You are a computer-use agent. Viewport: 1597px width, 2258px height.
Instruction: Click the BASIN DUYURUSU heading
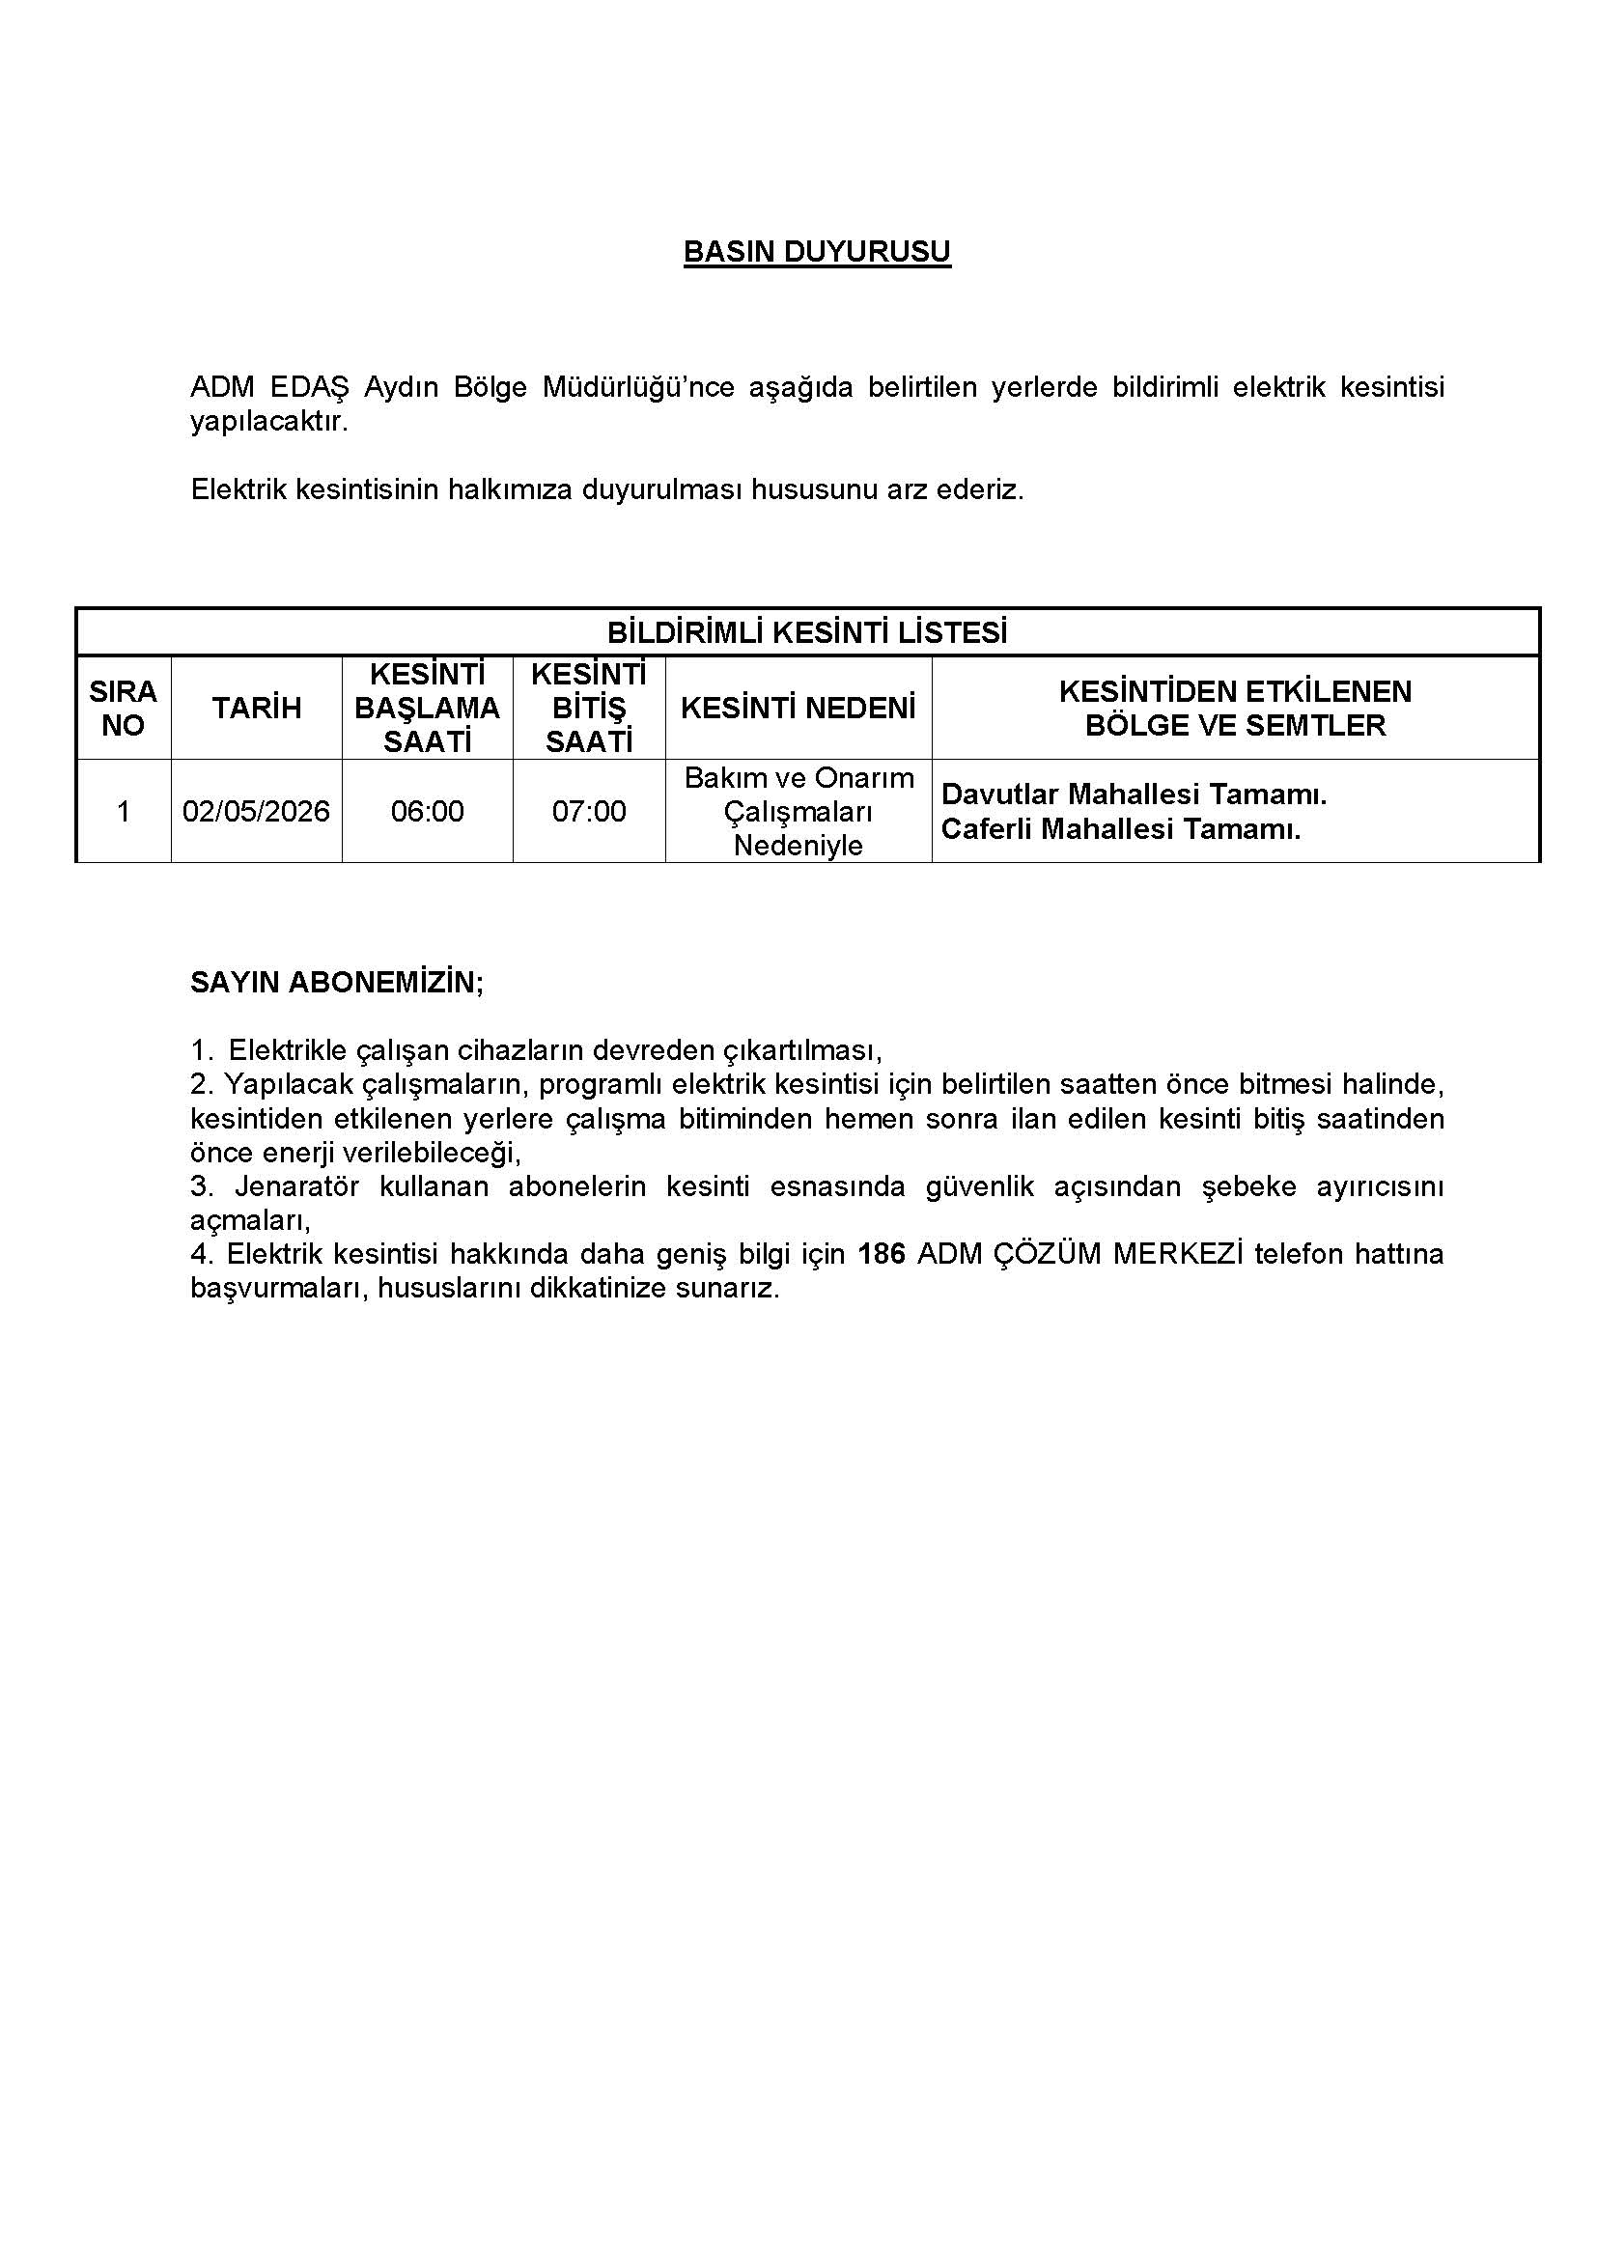pos(816,253)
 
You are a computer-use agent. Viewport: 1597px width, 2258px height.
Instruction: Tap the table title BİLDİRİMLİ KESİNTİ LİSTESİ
pos(806,632)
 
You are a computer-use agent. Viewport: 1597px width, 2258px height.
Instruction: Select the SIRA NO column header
pos(123,708)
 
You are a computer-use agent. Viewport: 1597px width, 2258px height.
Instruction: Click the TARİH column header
pos(257,708)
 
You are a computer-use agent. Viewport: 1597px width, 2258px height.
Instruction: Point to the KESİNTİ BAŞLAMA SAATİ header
pos(427,708)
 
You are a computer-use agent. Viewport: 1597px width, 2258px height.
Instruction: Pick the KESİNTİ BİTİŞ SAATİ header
pos(588,708)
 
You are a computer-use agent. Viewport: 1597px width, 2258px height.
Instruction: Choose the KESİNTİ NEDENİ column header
pos(798,708)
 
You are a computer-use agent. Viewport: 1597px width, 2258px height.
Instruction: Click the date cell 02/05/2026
pos(257,811)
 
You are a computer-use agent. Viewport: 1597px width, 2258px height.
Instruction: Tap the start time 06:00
pos(427,811)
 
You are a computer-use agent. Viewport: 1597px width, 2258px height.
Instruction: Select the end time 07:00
pos(588,811)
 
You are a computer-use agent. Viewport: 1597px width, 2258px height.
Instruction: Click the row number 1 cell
pos(123,811)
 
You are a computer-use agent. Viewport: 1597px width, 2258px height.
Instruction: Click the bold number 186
pos(882,1254)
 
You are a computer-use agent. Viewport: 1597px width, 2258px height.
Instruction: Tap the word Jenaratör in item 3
pos(296,1187)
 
